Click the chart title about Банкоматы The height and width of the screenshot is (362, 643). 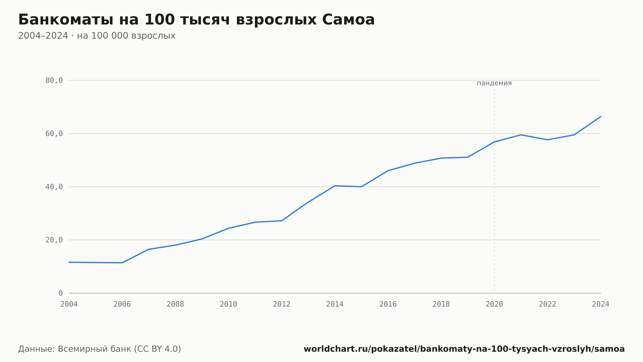196,20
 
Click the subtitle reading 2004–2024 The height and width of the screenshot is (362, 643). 97,36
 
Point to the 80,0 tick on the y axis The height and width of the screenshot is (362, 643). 54,81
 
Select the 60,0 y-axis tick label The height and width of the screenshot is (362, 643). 54,134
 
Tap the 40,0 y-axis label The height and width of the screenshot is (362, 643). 54,187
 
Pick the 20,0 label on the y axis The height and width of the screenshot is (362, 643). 54,240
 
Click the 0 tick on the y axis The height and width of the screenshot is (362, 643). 61,293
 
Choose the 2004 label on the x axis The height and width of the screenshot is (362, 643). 69,304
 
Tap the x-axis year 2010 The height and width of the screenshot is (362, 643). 229,304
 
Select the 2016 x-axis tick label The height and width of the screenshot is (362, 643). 388,304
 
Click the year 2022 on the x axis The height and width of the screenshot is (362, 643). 548,304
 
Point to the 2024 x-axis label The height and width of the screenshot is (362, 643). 601,304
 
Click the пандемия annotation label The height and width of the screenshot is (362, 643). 494,83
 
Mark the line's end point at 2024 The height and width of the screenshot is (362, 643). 601,117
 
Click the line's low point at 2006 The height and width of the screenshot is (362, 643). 122,263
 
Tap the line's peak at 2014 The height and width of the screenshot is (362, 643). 335,186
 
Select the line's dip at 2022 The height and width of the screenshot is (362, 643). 548,140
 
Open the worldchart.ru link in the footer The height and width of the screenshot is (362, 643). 464,349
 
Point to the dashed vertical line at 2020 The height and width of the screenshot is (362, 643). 494,190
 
